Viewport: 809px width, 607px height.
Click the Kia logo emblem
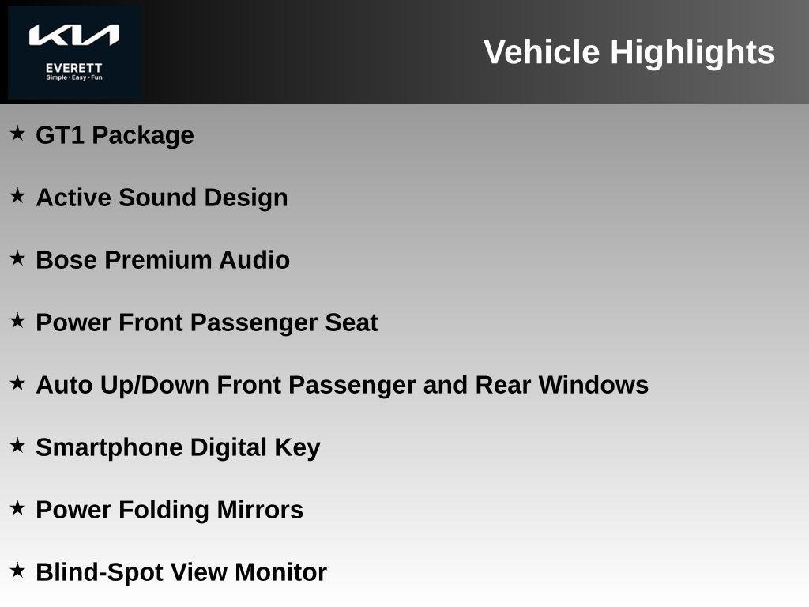coord(74,35)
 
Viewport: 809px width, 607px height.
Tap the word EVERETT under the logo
coord(74,68)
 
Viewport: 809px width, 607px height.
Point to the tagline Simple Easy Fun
coord(74,77)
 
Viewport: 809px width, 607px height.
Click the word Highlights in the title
coord(692,53)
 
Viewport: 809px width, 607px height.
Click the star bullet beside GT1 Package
coord(17,134)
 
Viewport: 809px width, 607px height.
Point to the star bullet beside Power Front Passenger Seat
coord(17,321)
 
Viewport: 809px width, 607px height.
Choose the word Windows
coord(593,385)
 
